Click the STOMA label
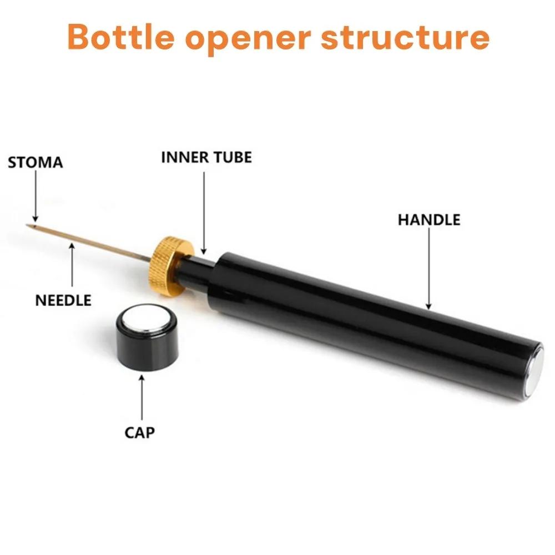[x=36, y=163]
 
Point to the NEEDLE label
[x=63, y=300]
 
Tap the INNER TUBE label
[x=206, y=157]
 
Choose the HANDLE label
[x=429, y=219]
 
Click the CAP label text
[x=140, y=431]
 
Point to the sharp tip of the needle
[x=28, y=225]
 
